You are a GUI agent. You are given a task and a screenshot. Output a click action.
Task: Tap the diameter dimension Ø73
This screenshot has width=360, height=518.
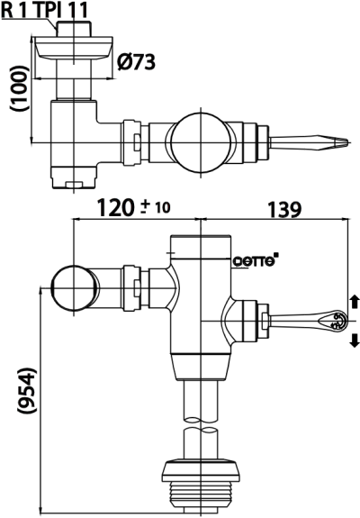137,61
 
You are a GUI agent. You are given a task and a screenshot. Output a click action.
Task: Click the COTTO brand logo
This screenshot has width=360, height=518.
256,261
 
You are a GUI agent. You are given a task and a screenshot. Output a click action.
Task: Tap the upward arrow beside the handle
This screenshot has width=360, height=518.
354,300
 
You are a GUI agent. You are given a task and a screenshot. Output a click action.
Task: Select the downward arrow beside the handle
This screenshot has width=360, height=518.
354,340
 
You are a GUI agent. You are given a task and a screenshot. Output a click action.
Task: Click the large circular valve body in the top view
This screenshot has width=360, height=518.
200,141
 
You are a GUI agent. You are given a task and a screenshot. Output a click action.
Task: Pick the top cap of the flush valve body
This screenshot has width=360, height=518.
200,241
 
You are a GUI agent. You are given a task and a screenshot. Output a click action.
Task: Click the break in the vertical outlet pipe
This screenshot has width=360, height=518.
200,425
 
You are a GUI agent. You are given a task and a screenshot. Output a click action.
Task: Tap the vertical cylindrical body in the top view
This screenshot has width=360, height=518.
74,140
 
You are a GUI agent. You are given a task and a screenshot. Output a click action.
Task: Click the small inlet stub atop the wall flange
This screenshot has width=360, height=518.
72,26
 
